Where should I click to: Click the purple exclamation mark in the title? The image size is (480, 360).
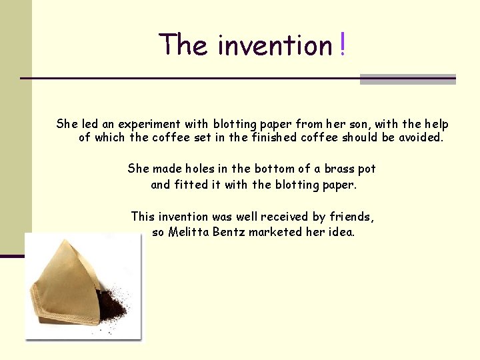click(342, 45)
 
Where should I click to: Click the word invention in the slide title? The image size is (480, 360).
click(275, 45)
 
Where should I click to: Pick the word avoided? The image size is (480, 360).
click(419, 138)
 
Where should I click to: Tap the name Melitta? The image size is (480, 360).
click(191, 233)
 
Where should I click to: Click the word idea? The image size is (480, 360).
click(341, 233)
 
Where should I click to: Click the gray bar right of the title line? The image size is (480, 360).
click(407, 79)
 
